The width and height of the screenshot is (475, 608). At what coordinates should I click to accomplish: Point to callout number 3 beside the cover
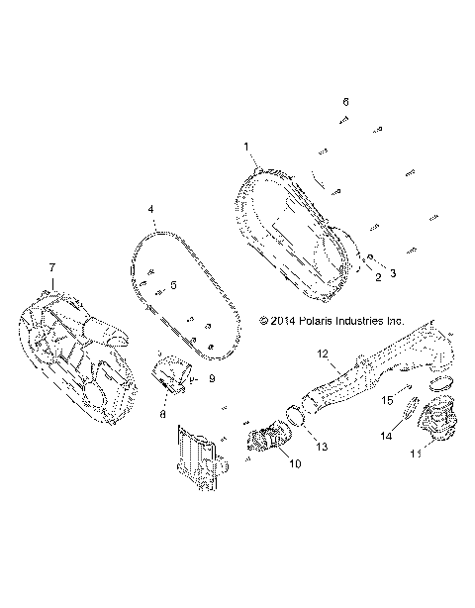392,272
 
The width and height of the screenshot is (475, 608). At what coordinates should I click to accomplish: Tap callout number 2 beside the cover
376,278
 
